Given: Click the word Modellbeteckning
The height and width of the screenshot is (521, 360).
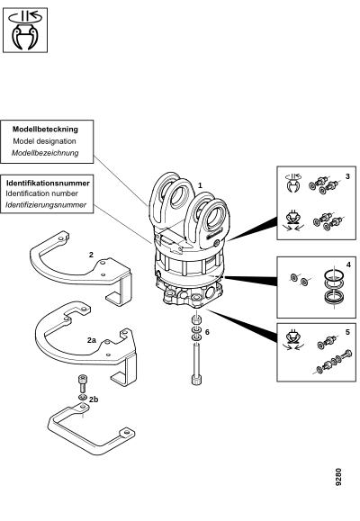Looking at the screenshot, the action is [x=45, y=130].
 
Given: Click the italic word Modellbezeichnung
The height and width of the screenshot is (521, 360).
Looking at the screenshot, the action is [x=45, y=153].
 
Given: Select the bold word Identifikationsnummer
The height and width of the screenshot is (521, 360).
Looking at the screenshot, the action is [x=48, y=183].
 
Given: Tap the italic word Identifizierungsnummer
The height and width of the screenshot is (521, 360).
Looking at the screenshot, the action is [x=46, y=205].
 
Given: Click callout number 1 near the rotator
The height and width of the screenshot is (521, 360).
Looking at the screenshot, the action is [x=200, y=185].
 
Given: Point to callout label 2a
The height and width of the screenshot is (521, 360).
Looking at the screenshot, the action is [x=92, y=340].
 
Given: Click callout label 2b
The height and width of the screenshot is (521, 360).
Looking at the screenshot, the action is [x=94, y=400].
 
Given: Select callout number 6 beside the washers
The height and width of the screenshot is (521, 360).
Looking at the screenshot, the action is [x=207, y=332].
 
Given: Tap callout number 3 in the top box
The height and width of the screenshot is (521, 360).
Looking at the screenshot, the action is [x=347, y=176].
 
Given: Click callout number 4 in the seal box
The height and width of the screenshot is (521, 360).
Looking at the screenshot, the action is [x=348, y=265].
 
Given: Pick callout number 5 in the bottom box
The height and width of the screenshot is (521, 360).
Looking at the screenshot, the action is [x=347, y=332].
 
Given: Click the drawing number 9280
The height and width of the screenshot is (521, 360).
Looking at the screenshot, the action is [x=338, y=477].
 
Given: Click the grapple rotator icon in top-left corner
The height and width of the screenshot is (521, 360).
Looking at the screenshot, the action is [x=25, y=31].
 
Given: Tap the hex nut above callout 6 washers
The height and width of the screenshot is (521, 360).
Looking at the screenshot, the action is [x=196, y=320].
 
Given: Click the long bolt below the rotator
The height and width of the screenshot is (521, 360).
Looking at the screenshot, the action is [x=196, y=364].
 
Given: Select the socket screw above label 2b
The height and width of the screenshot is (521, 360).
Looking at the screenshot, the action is [x=83, y=383].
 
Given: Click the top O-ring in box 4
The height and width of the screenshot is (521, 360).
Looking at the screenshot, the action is [x=333, y=274].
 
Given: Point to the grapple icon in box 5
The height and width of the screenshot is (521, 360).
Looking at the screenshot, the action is [x=292, y=339].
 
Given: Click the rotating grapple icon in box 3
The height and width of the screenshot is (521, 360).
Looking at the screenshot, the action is [x=292, y=183].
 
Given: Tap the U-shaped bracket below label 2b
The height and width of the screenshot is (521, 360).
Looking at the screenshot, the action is [x=92, y=428].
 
